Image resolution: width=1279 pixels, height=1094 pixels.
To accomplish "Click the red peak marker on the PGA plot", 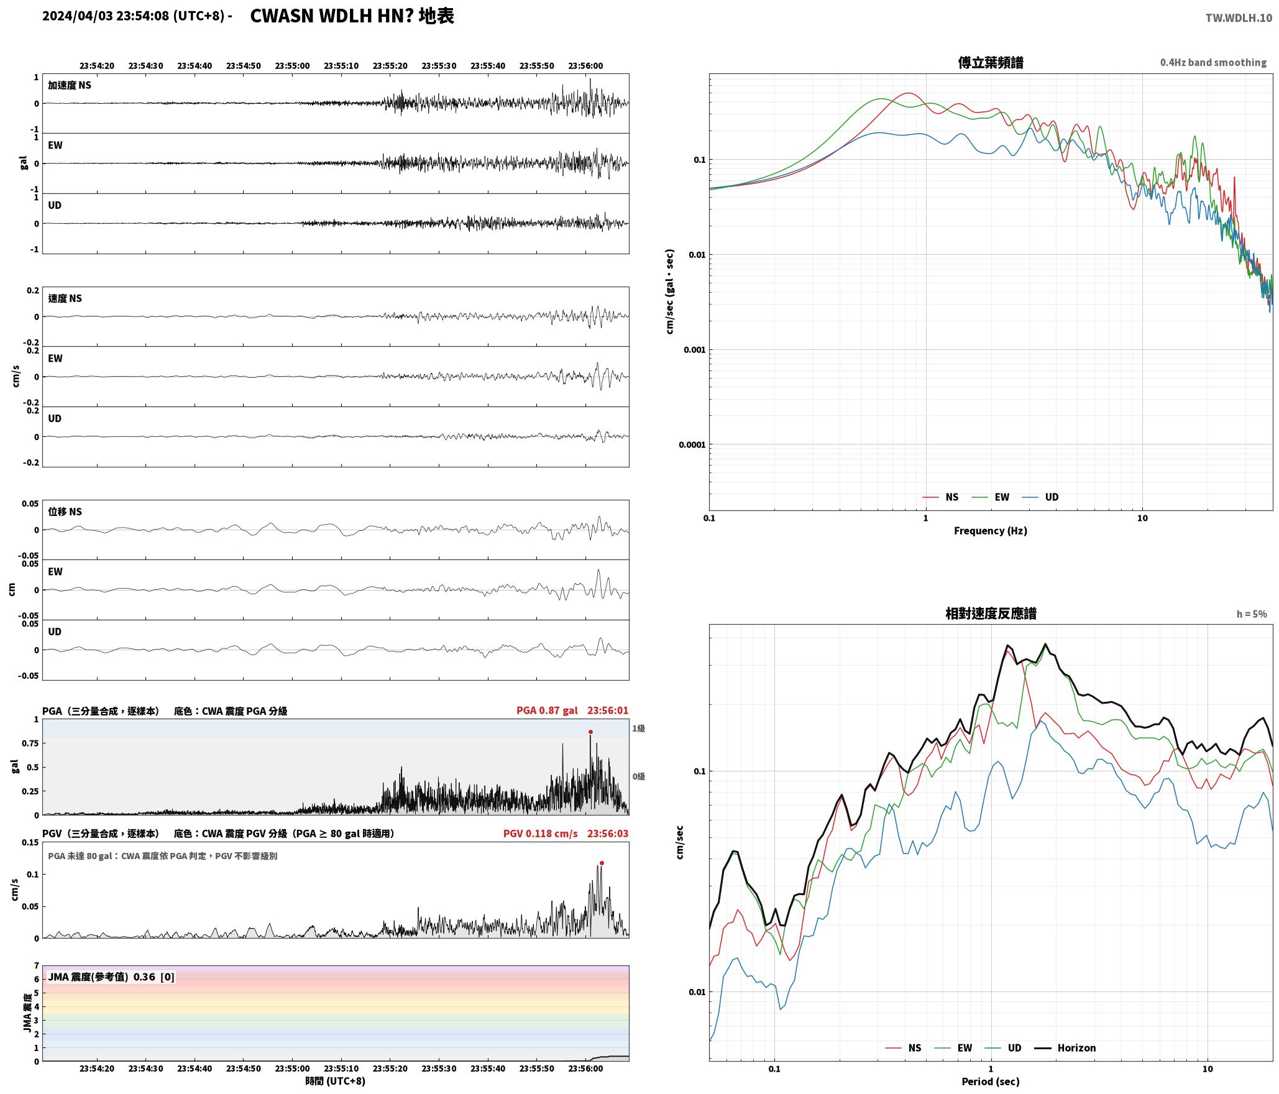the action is (590, 732).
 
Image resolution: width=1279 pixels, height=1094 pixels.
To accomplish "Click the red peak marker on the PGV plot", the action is (602, 863).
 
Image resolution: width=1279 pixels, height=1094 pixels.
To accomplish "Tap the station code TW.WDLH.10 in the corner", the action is (1239, 18).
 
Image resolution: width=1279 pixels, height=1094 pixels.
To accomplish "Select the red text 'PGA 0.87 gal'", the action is (547, 710).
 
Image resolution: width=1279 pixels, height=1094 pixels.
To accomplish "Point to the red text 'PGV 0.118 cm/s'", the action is (540, 833).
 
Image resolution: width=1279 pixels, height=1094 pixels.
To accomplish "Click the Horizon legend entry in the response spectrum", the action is (1065, 1047).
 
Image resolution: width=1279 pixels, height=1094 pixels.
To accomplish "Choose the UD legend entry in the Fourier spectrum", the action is (1040, 497).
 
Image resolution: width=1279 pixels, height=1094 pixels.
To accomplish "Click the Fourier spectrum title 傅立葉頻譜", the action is (991, 62).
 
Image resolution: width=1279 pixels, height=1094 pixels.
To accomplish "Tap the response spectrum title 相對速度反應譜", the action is (991, 613).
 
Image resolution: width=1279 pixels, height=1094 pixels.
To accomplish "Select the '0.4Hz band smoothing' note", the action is (1213, 62).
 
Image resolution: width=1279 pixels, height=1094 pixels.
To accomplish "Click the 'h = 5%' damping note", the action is (1252, 614).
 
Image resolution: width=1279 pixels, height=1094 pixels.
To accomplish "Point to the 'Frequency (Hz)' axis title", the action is (991, 530).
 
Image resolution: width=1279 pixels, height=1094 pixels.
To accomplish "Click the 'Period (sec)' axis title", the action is (991, 1081).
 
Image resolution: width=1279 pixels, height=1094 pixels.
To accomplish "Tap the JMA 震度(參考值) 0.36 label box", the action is (111, 977).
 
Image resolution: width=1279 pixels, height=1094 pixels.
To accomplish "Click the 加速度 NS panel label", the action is (70, 85).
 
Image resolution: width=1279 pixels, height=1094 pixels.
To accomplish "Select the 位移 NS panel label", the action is (65, 512).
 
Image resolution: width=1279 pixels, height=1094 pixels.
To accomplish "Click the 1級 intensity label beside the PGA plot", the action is (638, 729).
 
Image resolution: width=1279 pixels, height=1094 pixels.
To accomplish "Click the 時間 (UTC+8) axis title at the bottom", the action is (336, 1081).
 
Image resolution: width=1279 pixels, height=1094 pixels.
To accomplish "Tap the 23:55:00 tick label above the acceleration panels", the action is (292, 66).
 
